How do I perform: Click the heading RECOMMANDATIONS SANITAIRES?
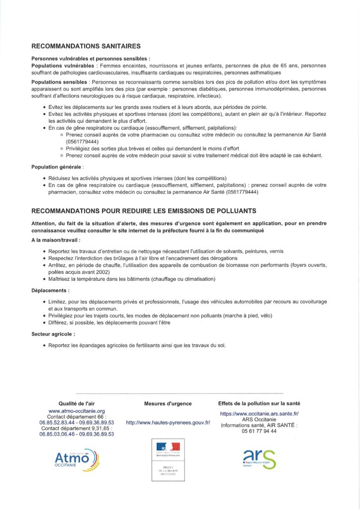tap(86, 46)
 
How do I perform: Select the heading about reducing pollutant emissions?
tap(144, 211)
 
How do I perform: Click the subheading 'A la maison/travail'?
tap(56, 240)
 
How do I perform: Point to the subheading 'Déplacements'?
tap(50, 290)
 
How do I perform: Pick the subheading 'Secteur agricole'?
tap(53, 334)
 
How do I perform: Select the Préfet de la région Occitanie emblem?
tap(168, 460)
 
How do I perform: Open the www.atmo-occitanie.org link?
tap(77, 411)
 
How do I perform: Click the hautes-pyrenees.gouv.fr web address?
tap(168, 423)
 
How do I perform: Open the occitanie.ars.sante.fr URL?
tap(259, 414)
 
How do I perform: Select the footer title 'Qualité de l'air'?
tap(77, 404)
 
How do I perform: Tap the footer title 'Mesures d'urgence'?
tap(168, 404)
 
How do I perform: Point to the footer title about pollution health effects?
tap(259, 404)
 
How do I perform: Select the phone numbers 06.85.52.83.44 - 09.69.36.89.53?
tap(77, 423)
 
